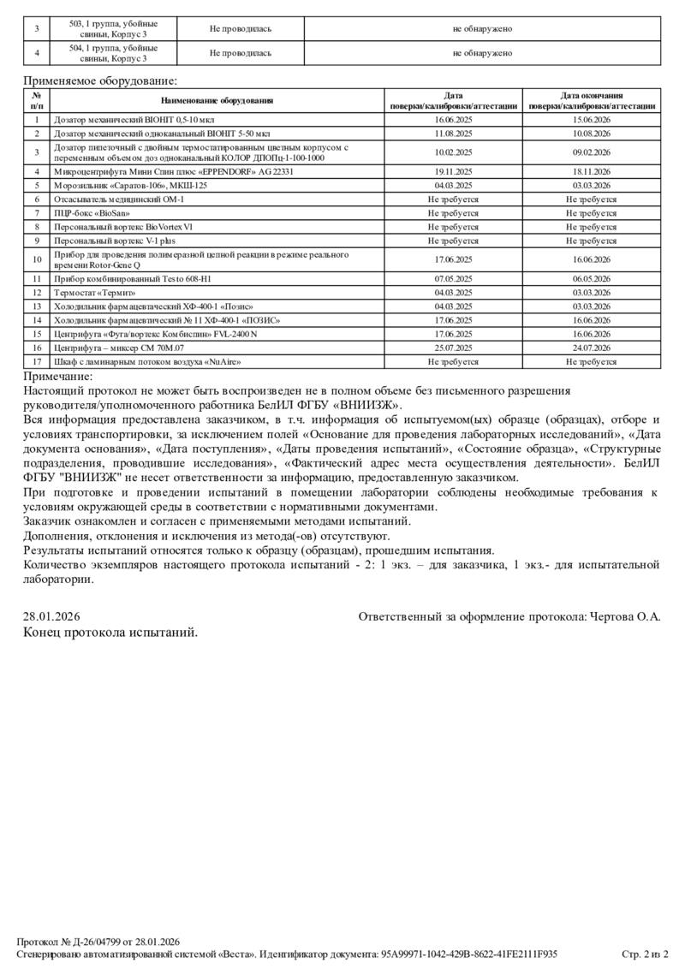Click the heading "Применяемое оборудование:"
100,81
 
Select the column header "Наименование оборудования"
216,101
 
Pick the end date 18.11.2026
591,171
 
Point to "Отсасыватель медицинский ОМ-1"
119,199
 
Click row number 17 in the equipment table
37,362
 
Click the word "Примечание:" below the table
57,377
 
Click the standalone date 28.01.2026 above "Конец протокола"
51,616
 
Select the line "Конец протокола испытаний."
110,633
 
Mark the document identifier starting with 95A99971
469,954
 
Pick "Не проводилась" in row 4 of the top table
241,53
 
